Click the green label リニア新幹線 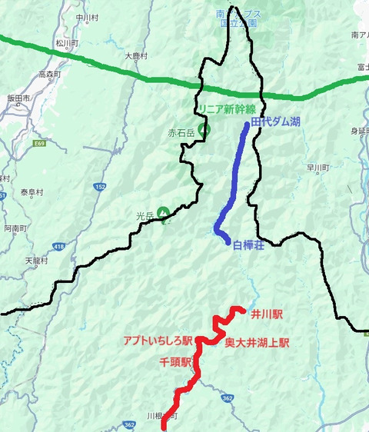coord(229,109)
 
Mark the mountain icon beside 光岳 coord(164,212)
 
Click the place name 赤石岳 coord(183,132)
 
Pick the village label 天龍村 coord(36,261)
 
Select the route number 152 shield coord(101,188)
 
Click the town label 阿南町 coord(15,228)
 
